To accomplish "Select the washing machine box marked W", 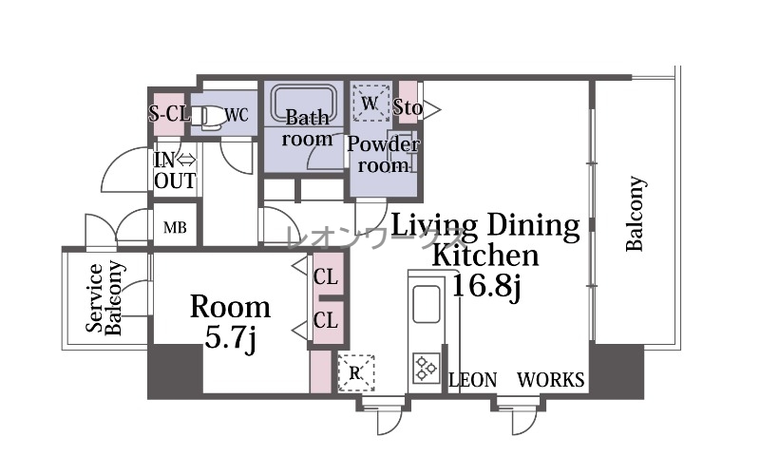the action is click(370, 103).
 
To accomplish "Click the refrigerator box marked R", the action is click(356, 372).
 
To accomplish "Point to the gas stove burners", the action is click(426, 368).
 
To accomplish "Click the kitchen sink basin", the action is click(427, 304).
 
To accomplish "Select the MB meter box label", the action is click(175, 227).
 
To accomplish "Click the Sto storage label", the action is click(408, 107).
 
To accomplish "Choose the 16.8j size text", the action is click(485, 286).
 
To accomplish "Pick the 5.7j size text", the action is click(230, 337).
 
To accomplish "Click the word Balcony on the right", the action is click(636, 214).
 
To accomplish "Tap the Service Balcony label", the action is click(104, 298).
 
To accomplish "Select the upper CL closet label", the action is click(325, 277).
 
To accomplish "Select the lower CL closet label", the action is click(325, 320).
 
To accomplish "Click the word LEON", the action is click(473, 380).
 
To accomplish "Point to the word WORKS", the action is click(551, 380).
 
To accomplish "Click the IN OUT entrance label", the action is click(175, 171).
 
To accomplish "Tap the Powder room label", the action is click(383, 155).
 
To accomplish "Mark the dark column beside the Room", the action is click(175, 371).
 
